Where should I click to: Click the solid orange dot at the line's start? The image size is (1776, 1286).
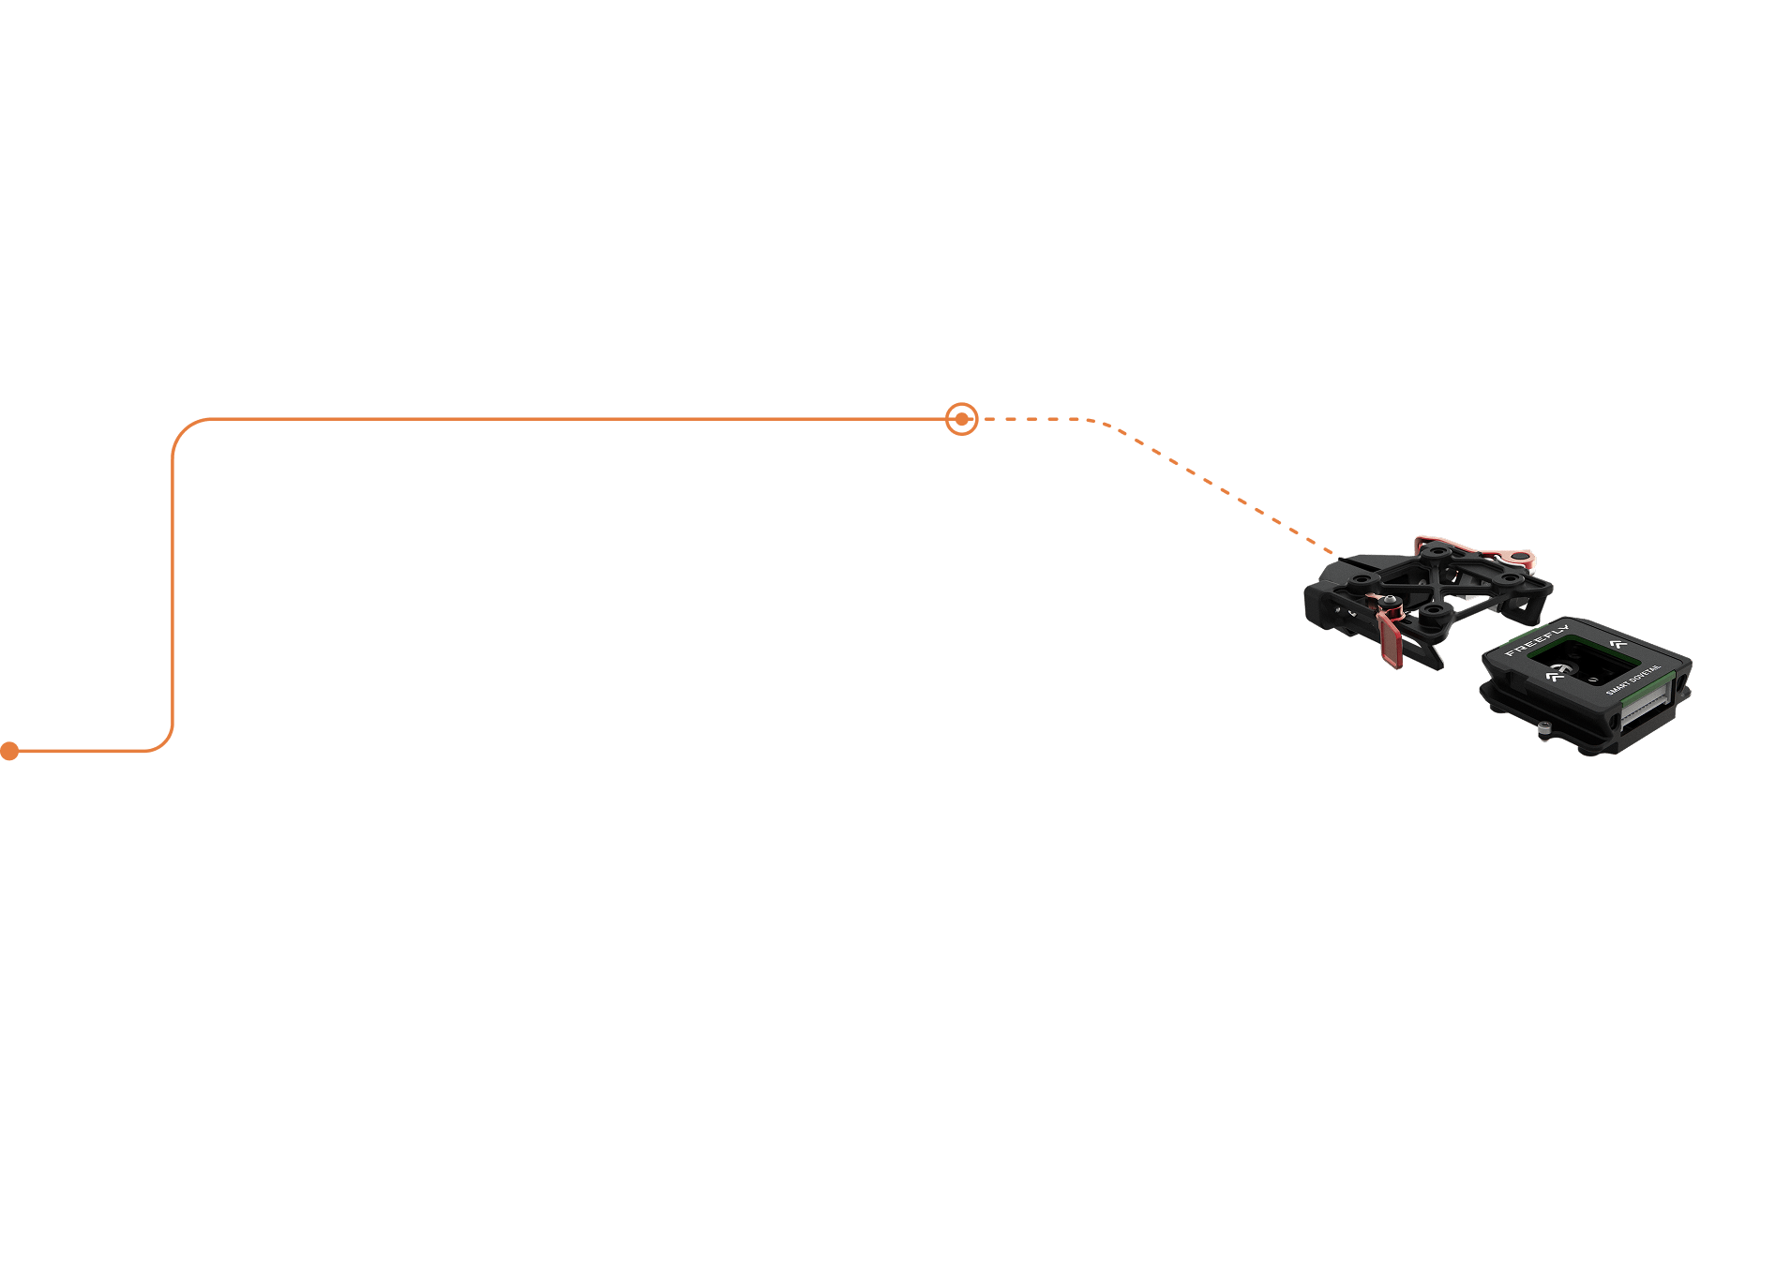[9, 751]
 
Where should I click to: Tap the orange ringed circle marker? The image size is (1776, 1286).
[961, 419]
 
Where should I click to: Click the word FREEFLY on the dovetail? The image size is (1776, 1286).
[1536, 639]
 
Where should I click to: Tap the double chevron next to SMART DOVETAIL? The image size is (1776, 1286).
[1617, 643]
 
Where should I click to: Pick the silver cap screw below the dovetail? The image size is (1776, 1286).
[1543, 728]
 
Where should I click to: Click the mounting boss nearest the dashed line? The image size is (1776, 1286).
[1354, 581]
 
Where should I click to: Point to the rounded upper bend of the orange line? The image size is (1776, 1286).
[183, 429]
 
